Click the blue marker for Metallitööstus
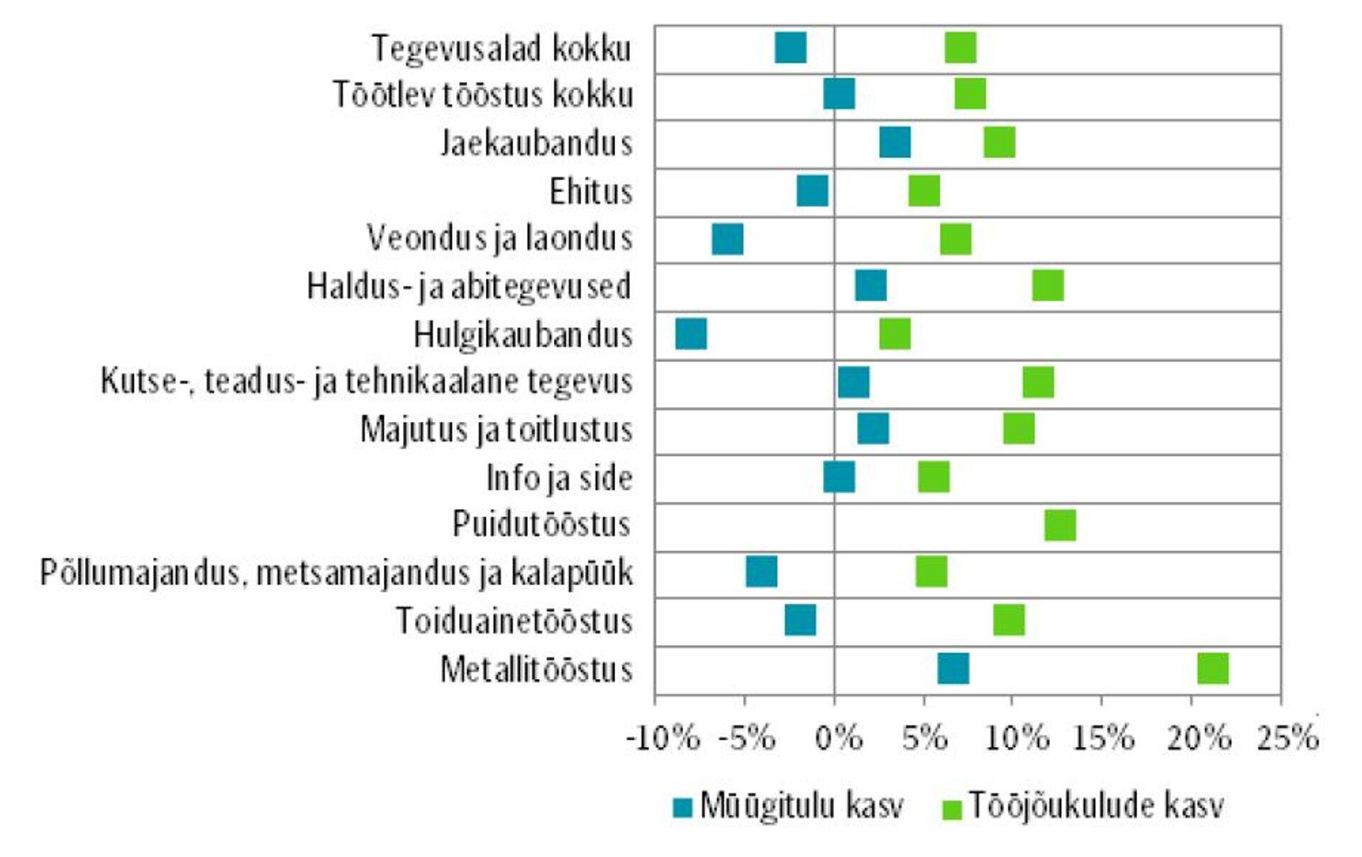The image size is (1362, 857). click(x=953, y=668)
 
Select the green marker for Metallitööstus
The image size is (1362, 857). click(x=1212, y=668)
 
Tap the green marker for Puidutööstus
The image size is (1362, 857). click(x=1060, y=525)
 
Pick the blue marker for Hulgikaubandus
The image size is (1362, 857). click(x=691, y=334)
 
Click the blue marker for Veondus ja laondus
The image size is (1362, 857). click(x=727, y=239)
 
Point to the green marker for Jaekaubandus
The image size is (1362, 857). click(x=999, y=142)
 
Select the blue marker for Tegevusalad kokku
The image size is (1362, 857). click(x=790, y=47)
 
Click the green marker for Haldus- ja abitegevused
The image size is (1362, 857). click(x=1048, y=286)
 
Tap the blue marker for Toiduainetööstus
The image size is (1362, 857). click(x=800, y=620)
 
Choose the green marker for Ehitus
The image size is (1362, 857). click(x=924, y=191)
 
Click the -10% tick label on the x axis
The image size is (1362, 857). click(x=663, y=739)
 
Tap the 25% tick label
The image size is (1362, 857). click(x=1287, y=739)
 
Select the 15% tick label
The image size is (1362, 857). click(x=1104, y=739)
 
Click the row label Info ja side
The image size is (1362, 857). click(x=559, y=478)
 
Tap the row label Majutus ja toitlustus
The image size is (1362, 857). click(x=496, y=430)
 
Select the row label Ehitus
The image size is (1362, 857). click(x=590, y=191)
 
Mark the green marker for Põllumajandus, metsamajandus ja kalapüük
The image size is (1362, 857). click(x=931, y=571)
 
